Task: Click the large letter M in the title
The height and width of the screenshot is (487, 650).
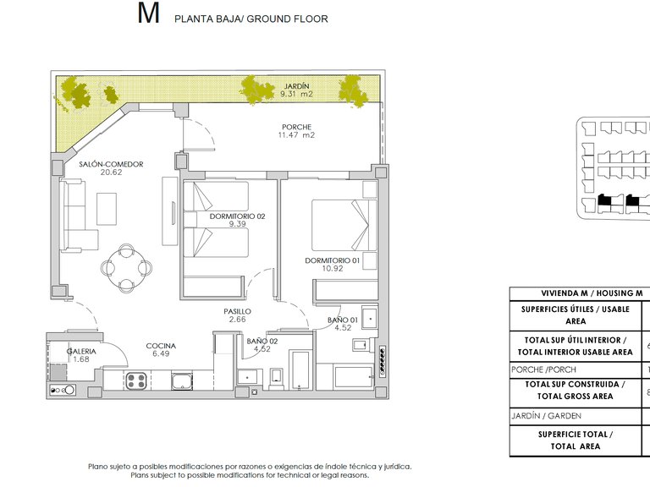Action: coord(147,14)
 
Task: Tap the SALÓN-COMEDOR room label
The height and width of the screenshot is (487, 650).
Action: coord(111,167)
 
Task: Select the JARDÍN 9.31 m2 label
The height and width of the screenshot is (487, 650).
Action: coord(296,90)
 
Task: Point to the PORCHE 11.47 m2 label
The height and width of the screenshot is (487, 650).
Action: coord(297,131)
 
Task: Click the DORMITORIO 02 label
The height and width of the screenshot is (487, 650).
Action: coord(237,220)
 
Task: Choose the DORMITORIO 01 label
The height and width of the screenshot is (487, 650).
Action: coord(333,265)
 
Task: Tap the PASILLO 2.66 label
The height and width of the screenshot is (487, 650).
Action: coord(237,315)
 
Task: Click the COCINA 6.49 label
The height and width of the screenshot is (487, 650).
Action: coord(160,350)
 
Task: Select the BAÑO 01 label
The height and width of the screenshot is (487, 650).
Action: coord(343,323)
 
